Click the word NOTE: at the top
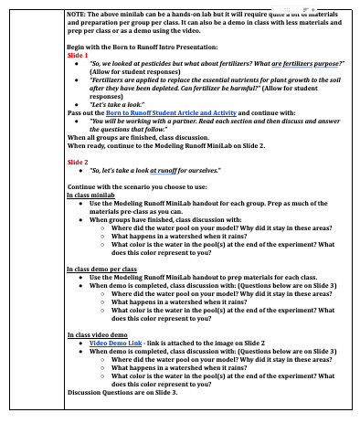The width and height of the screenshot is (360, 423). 79,14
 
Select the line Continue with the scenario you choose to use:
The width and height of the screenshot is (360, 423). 137,187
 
